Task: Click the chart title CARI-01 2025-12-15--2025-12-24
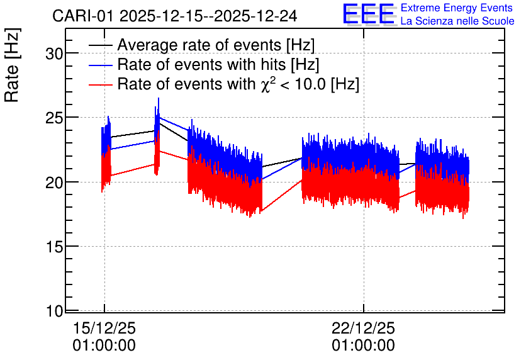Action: [175, 16]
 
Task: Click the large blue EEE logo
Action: [368, 14]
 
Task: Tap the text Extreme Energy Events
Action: [457, 8]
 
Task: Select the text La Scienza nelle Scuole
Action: [457, 21]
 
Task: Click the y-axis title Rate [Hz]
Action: [12, 65]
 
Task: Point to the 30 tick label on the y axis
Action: [54, 53]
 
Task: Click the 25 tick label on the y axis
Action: [54, 118]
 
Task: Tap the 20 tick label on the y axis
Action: [54, 183]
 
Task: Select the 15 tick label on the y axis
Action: [54, 247]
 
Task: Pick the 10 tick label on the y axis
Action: [54, 312]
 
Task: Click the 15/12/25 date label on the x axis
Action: [104, 328]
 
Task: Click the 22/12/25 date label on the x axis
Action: [364, 328]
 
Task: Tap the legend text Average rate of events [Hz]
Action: [216, 45]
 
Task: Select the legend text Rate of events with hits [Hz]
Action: [218, 64]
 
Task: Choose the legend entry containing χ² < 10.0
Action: [238, 84]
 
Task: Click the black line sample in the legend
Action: [100, 45]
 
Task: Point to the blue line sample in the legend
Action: [100, 65]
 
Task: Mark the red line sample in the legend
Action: [100, 84]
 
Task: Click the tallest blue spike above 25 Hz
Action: [159, 99]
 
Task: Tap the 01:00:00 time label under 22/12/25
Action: [364, 346]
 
